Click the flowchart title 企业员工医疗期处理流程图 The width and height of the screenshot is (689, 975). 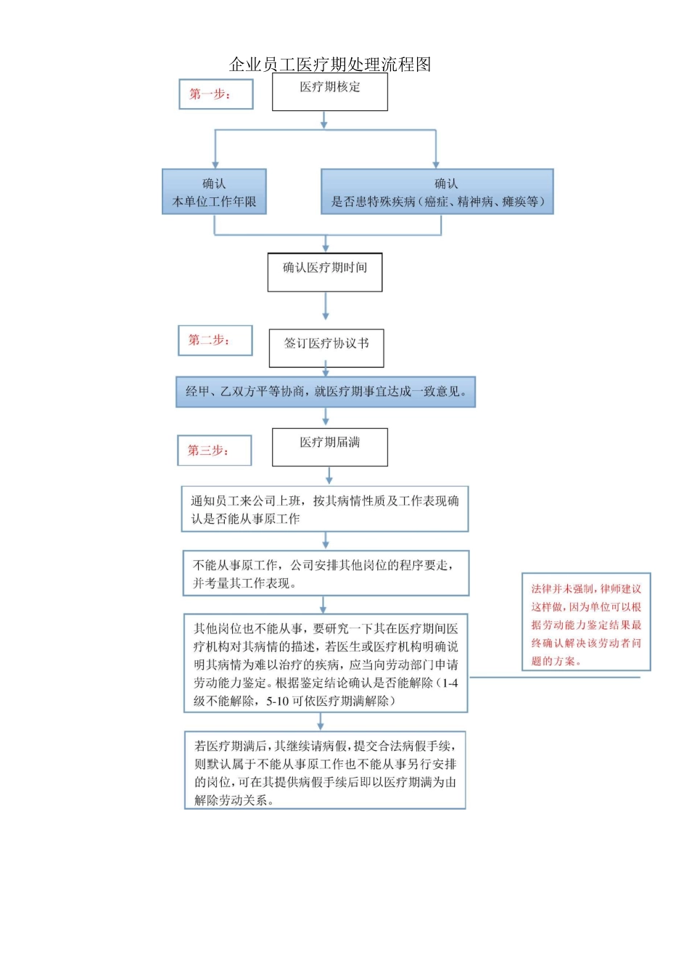click(330, 65)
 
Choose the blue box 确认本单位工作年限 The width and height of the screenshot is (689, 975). click(214, 192)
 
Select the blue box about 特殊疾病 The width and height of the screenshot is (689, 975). click(437, 192)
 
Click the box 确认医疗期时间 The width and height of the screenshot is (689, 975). click(325, 272)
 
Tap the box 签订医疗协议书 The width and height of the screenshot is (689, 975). click(326, 348)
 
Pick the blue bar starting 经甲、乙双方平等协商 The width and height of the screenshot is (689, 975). click(326, 392)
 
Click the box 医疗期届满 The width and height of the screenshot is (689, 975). click(330, 447)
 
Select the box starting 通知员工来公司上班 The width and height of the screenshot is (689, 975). click(325, 509)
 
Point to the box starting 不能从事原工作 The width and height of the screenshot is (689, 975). click(326, 574)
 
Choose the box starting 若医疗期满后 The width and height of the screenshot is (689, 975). click(325, 771)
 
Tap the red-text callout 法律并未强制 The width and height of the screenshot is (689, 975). click(586, 623)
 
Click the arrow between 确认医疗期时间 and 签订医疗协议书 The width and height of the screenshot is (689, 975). click(326, 307)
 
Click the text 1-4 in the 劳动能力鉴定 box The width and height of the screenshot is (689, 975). click(450, 683)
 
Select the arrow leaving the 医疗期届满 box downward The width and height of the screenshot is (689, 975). click(329, 476)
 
